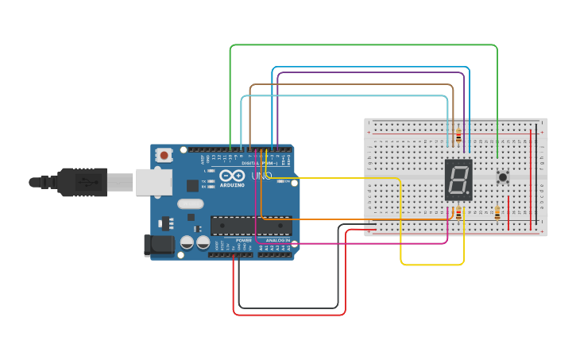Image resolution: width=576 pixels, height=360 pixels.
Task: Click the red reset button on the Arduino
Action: pos(164,155)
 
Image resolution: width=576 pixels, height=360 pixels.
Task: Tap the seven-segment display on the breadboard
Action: pos(458,180)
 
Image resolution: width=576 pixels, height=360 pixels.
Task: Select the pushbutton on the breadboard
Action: pos(502,176)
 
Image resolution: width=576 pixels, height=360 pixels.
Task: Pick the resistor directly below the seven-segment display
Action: pos(458,212)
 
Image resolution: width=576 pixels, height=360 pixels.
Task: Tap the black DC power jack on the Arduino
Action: pos(158,246)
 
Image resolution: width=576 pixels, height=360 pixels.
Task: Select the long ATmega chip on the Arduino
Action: pos(250,226)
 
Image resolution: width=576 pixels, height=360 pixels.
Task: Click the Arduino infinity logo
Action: pos(233,176)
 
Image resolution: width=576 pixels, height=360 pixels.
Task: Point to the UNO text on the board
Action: pos(261,176)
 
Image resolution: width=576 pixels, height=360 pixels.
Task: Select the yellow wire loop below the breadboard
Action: pos(432,264)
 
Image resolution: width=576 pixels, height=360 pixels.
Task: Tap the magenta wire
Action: pos(358,243)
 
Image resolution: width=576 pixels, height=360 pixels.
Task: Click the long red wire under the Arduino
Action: pos(290,315)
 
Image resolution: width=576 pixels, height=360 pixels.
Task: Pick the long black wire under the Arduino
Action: pos(290,308)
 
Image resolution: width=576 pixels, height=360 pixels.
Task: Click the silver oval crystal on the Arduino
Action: pos(191,203)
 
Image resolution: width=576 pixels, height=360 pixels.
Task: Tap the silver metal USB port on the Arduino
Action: pos(153,182)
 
